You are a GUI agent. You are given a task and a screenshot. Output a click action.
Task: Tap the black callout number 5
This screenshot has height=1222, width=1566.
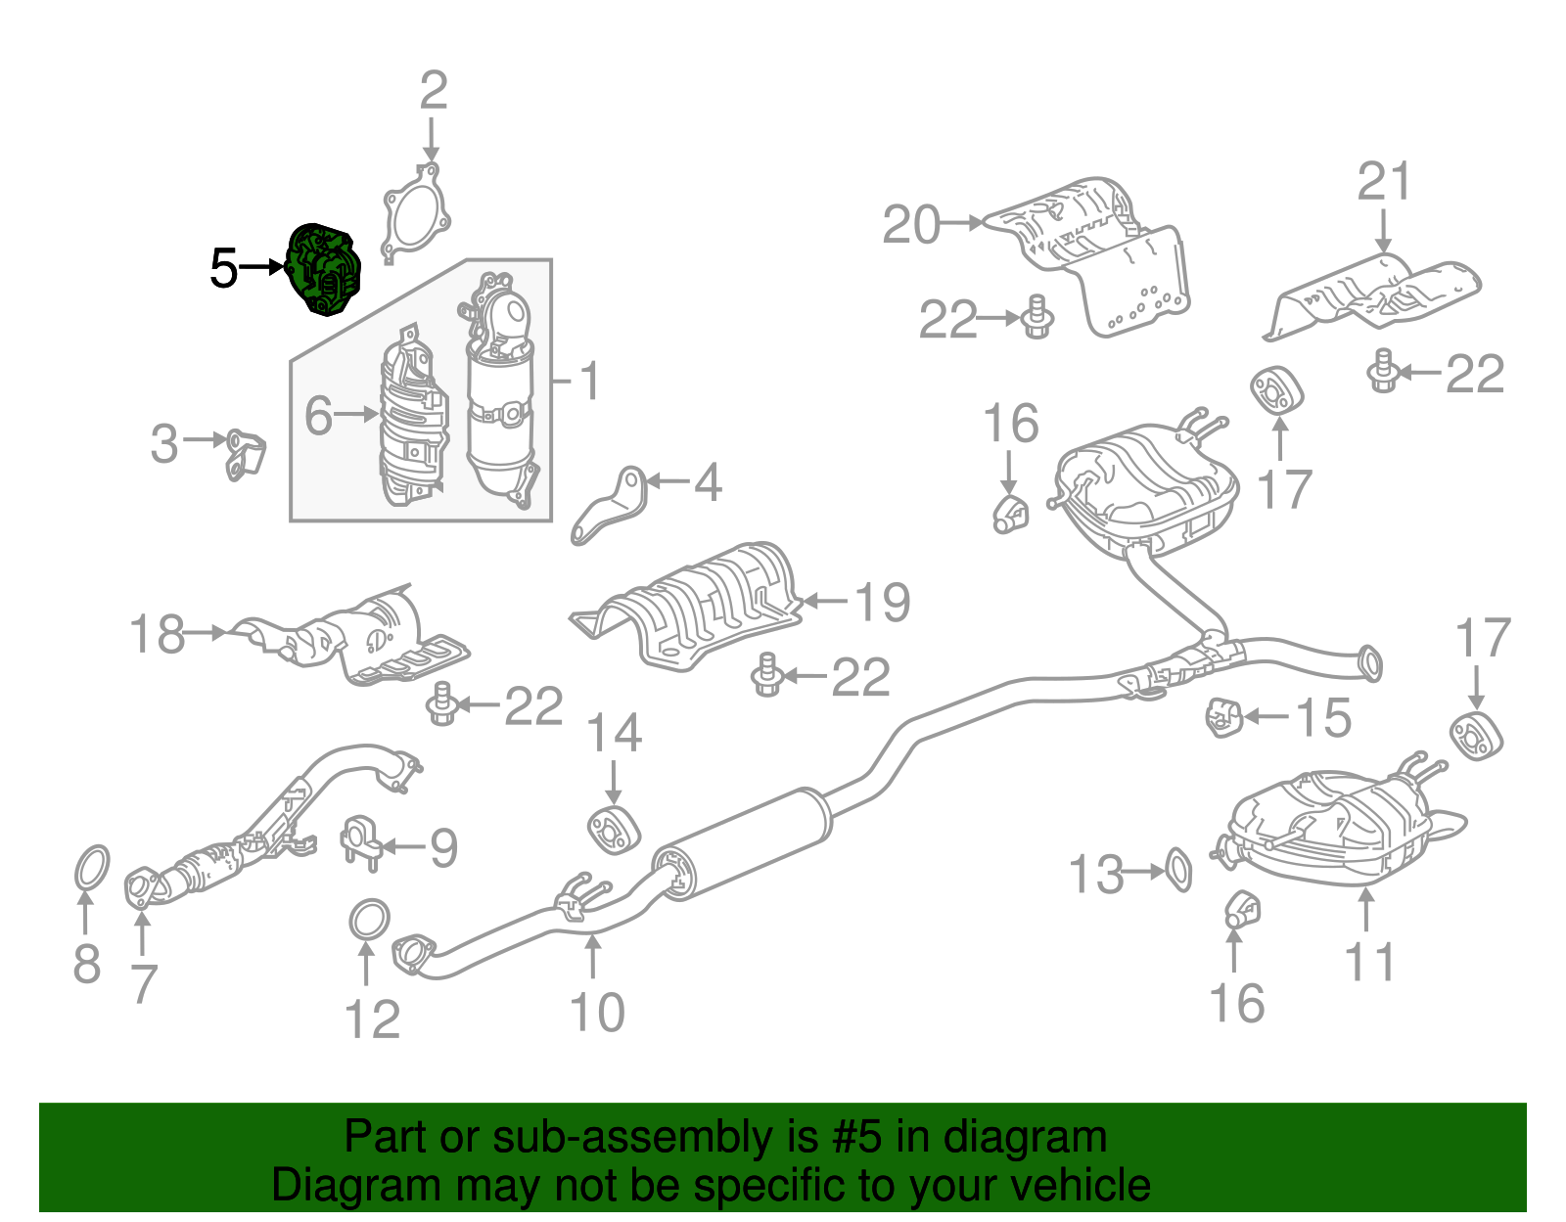tap(223, 268)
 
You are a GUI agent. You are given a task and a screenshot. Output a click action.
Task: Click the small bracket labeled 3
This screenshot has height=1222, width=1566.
tap(244, 454)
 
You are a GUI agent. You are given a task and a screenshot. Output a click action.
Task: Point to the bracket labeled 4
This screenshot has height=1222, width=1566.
tap(610, 506)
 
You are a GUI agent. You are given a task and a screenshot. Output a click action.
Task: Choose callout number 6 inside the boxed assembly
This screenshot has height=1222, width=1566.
tap(319, 415)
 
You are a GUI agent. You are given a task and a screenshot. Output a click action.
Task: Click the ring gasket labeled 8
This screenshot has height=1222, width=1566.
tap(91, 869)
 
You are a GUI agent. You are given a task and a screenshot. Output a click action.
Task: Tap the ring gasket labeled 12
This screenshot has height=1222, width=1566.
tap(369, 920)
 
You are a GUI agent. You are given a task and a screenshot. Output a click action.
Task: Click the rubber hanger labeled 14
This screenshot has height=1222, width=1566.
tap(613, 830)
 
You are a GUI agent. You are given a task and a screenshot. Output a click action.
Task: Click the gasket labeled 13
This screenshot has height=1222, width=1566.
tap(1179, 870)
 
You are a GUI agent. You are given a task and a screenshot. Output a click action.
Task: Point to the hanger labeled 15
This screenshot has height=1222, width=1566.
tap(1222, 718)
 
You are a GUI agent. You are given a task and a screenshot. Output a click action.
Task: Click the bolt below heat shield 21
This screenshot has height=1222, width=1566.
tap(1381, 371)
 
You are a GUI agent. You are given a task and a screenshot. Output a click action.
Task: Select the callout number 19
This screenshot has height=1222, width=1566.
tap(883, 602)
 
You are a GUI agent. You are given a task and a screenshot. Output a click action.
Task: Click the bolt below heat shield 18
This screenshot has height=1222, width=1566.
tap(441, 704)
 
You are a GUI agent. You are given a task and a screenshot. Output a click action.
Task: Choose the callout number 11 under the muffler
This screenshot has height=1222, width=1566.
tap(1369, 962)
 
